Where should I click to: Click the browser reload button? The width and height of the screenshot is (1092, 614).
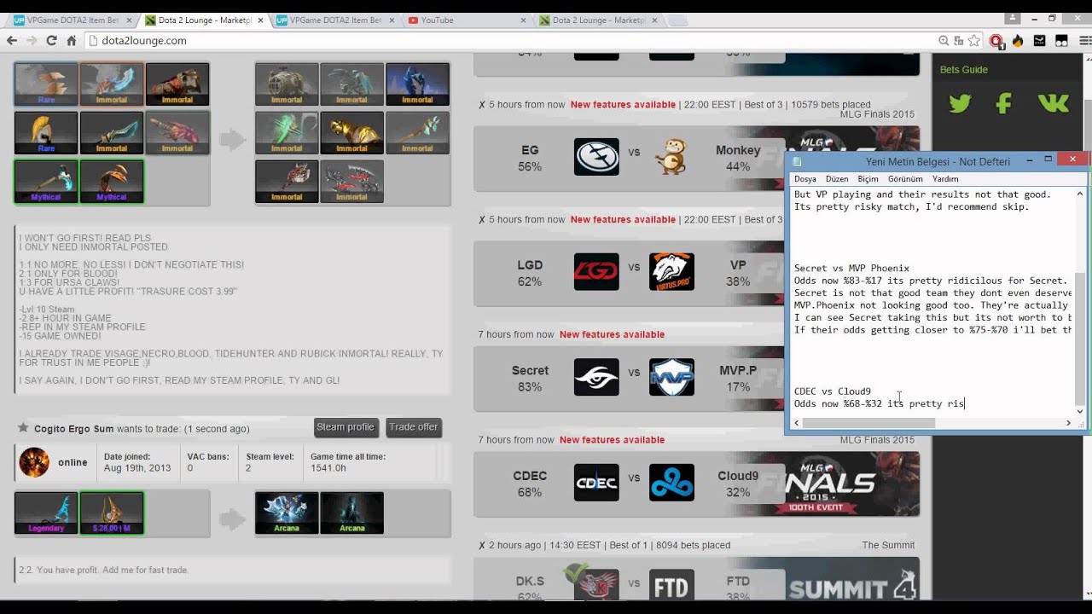(x=51, y=40)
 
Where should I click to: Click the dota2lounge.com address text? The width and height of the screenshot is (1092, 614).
(x=143, y=40)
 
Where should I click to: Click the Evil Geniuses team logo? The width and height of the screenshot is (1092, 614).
(x=596, y=157)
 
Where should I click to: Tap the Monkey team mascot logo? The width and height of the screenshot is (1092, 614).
(x=671, y=157)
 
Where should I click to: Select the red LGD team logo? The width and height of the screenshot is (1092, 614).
(x=596, y=272)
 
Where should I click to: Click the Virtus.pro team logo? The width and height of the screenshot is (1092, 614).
(x=671, y=272)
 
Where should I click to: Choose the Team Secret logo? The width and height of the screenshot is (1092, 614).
(x=596, y=377)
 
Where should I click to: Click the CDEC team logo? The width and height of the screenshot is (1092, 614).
(x=596, y=483)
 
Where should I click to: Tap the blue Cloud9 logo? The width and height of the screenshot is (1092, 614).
(x=671, y=483)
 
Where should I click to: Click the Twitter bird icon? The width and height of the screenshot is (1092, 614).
(x=960, y=104)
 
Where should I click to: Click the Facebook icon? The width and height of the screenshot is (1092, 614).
(x=1004, y=104)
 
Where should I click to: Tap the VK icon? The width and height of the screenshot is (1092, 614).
(x=1054, y=104)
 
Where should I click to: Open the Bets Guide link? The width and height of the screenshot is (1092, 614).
(x=964, y=70)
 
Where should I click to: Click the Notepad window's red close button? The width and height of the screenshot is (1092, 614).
(x=1072, y=159)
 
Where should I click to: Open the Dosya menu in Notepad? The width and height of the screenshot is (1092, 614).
(x=804, y=179)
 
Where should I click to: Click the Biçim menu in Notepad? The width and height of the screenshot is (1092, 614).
(x=868, y=179)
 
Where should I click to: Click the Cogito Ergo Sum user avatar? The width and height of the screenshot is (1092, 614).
(x=34, y=462)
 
